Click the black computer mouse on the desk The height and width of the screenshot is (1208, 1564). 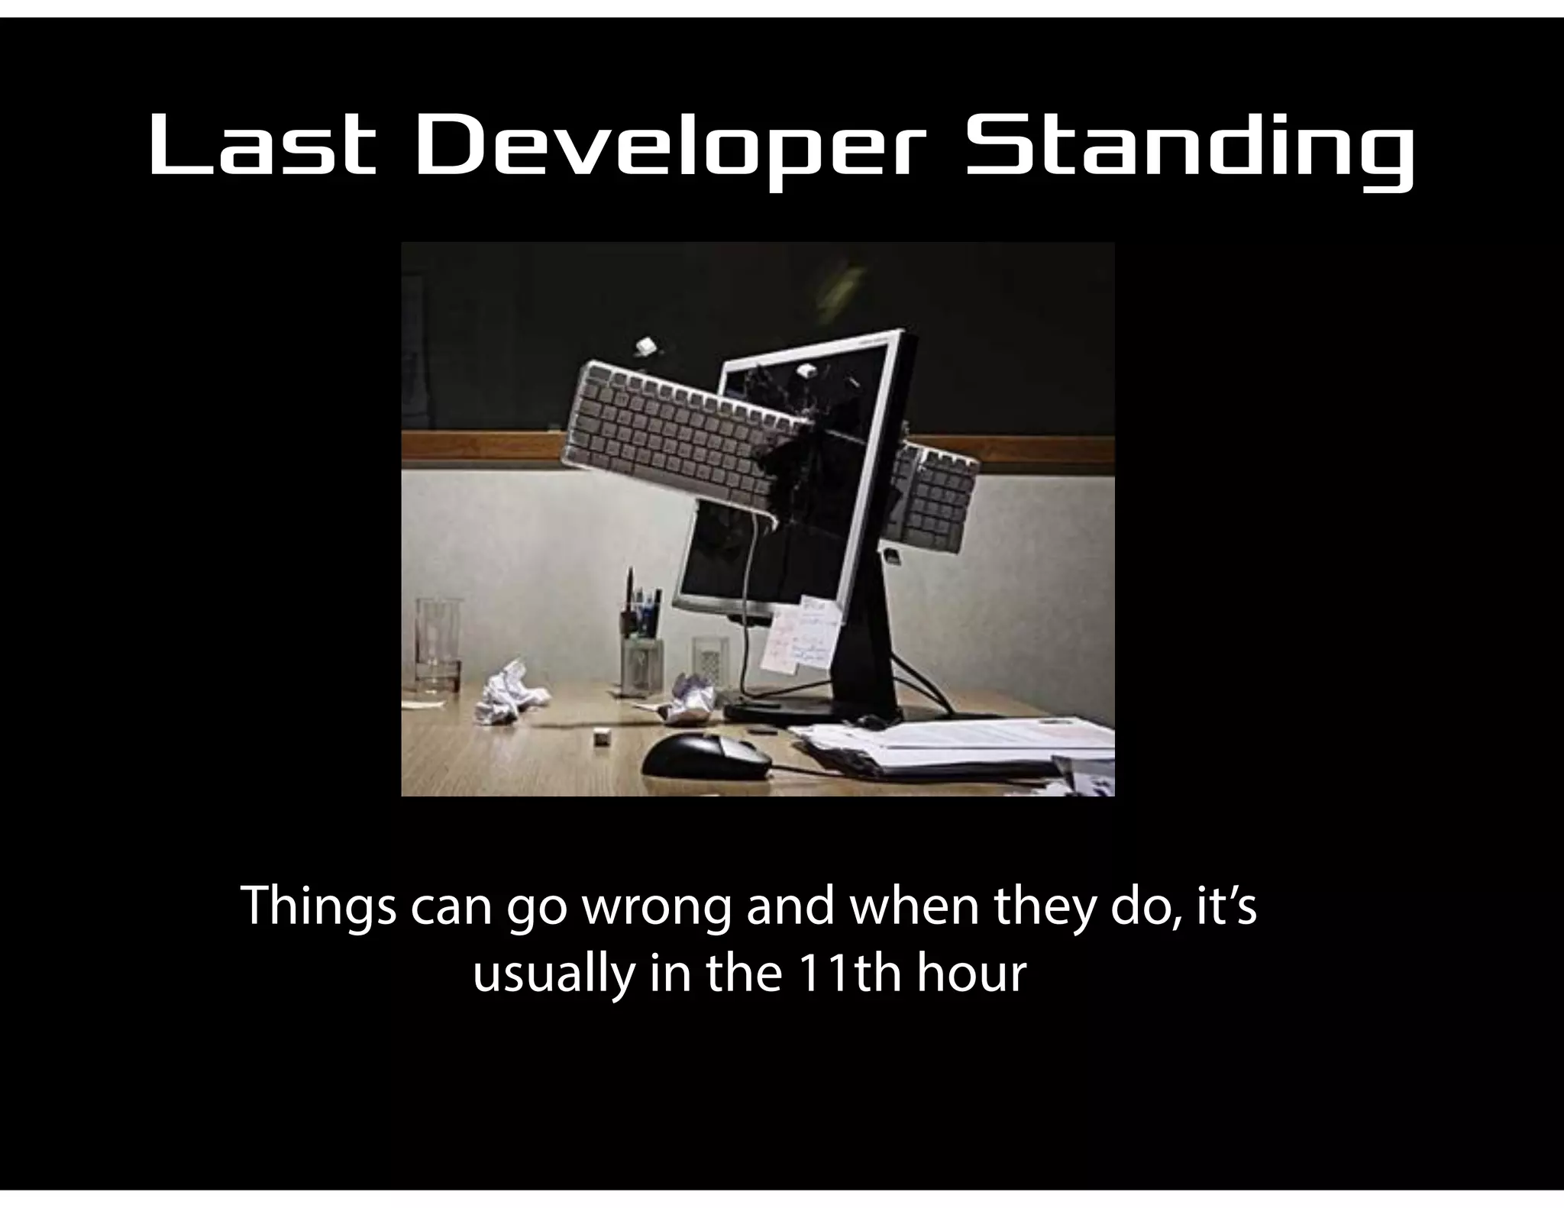[706, 756]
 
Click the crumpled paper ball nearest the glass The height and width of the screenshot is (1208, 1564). [505, 690]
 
